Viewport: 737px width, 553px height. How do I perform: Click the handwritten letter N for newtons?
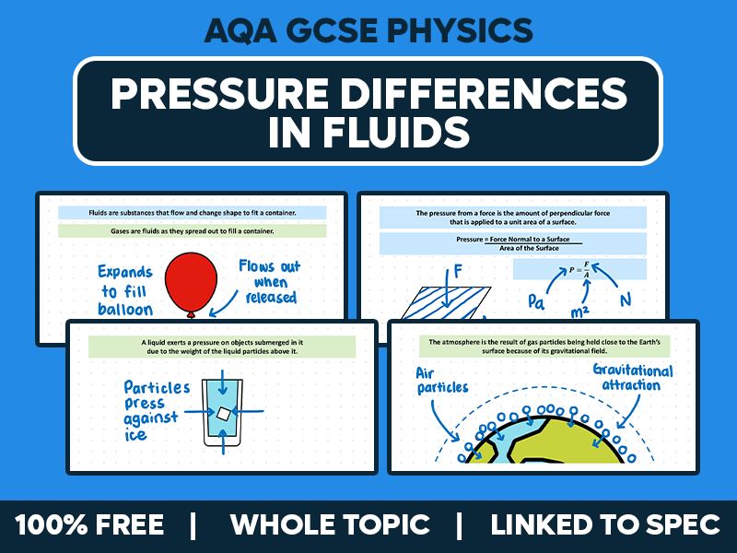[x=626, y=300]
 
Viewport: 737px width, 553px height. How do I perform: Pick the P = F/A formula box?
[x=579, y=269]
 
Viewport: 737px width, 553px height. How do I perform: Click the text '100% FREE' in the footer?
[x=89, y=525]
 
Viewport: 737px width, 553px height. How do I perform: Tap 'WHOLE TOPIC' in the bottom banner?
[x=330, y=525]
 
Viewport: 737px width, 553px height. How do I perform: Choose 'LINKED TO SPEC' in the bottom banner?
[x=605, y=525]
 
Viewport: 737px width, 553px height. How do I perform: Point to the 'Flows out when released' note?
[x=269, y=282]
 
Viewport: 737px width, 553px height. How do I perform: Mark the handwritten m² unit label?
[x=579, y=312]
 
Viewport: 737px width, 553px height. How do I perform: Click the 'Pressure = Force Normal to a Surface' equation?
[x=512, y=243]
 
